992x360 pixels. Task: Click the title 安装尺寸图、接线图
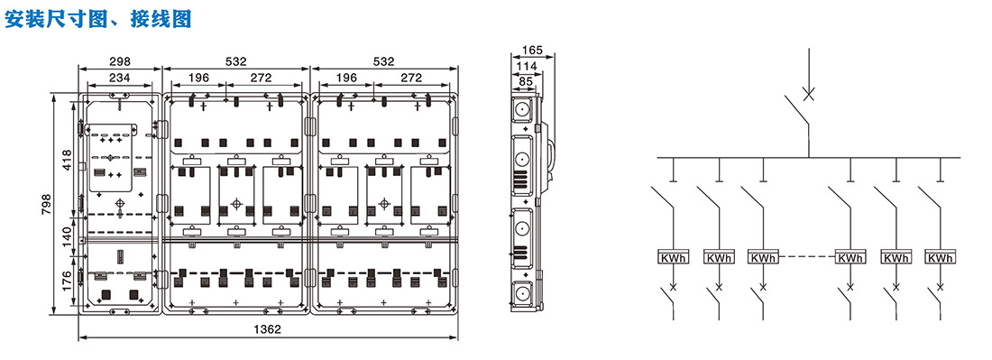[97, 19]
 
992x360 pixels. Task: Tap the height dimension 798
[47, 203]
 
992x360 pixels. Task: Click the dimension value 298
[120, 61]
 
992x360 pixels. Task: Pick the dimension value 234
[120, 78]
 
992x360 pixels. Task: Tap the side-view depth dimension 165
[534, 49]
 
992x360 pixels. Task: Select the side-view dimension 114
[527, 66]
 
